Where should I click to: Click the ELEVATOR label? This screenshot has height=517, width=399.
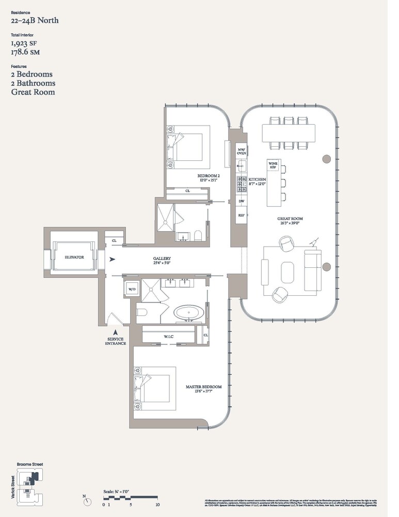coord(74,256)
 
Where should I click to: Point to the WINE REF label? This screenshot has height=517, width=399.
coord(273,166)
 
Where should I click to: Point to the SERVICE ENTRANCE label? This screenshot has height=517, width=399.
coord(116,341)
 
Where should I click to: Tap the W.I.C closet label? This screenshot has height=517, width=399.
coord(168,337)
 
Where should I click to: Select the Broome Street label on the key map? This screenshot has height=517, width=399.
coord(30,464)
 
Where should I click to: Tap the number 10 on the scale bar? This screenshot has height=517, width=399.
coord(157,505)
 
